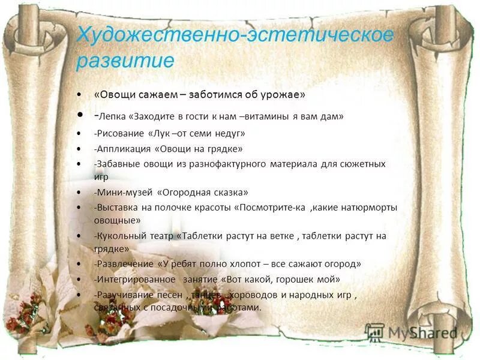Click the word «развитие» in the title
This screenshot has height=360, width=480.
coord(125,61)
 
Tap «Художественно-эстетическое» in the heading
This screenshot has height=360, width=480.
coord(235,35)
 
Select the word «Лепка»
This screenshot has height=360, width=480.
coord(113,116)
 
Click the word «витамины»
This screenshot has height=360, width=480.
coord(273,116)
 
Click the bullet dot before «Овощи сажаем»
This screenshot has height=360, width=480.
coord(80,95)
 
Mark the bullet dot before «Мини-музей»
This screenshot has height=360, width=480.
coord(80,193)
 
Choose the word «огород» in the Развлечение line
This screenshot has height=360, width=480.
coord(341,264)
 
